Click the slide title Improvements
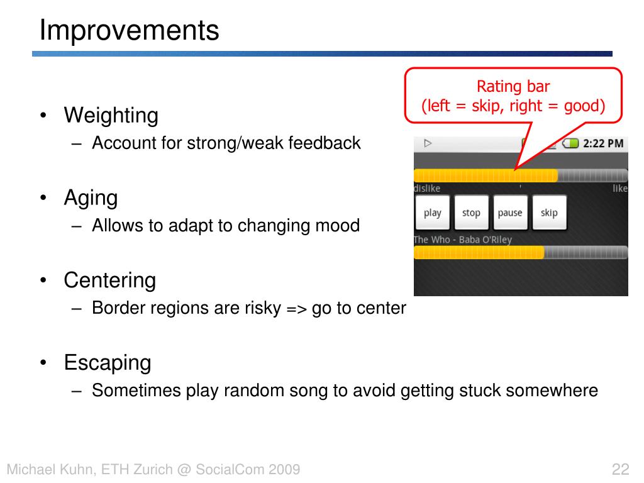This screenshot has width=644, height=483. tap(130, 30)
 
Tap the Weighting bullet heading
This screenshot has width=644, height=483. tap(111, 116)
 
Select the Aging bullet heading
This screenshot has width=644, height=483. tap(91, 198)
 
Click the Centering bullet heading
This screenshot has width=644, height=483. tap(109, 280)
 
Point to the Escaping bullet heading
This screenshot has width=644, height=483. tap(108, 363)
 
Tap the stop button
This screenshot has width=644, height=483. tap(471, 213)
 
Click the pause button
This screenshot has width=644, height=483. tap(510, 213)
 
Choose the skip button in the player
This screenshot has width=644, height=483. tap(549, 213)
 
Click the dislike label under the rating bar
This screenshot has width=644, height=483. tap(427, 189)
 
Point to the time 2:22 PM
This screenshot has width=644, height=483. tap(603, 143)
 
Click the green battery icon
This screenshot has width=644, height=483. tap(570, 143)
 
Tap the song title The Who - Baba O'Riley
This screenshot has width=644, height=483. tap(463, 240)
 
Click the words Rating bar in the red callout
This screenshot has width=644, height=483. tap(513, 86)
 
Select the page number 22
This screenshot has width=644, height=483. tap(620, 469)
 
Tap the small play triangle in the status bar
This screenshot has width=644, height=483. tap(428, 143)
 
